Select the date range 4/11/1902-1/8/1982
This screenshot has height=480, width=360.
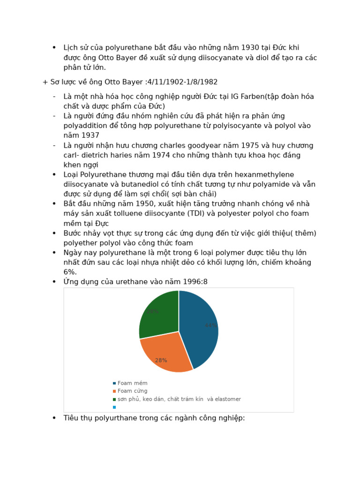(182, 82)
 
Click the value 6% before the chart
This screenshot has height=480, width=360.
(70, 272)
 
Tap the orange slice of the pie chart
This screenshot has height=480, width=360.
(164, 354)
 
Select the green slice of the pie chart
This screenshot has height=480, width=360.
(157, 314)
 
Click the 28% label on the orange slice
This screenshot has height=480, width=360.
(161, 360)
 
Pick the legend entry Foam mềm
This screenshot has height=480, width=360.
(132, 383)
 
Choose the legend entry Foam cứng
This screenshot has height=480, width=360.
(132, 391)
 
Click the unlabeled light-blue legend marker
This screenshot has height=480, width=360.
(114, 407)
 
